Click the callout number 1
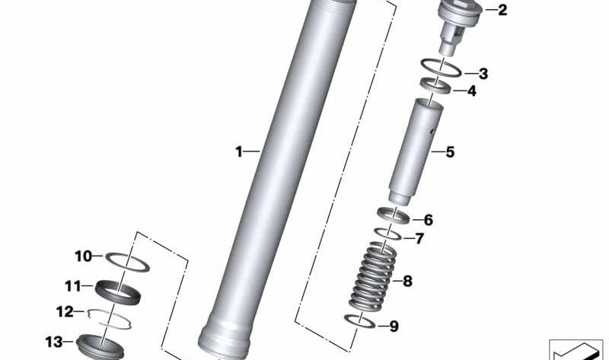pos(238,152)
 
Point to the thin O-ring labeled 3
pos(441,68)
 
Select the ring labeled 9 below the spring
pos(359,320)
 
